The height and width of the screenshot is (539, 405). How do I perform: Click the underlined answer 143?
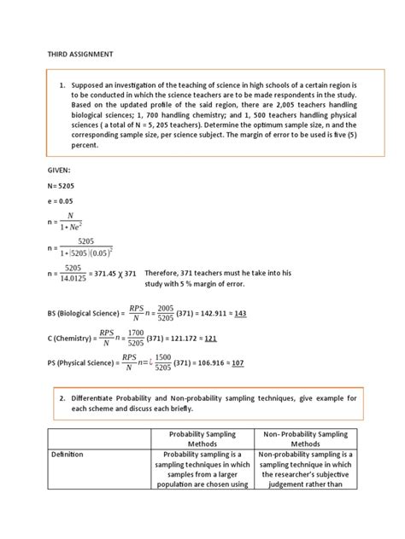[x=240, y=314]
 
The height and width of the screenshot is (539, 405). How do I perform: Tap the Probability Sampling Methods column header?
[x=202, y=438]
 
